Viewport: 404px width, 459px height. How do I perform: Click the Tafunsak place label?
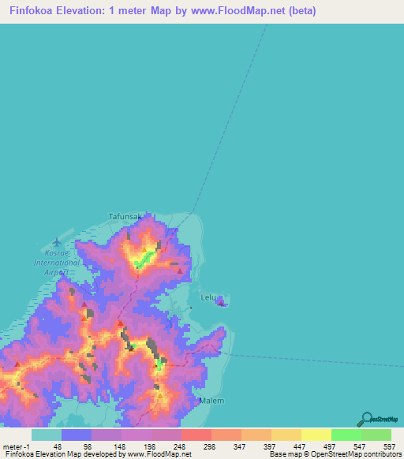tap(125, 215)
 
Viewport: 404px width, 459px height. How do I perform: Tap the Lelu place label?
tap(208, 297)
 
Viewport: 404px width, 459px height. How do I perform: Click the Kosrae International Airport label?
tap(56, 262)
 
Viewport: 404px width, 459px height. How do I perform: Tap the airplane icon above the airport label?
tap(55, 243)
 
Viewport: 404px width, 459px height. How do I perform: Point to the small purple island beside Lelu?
tap(223, 300)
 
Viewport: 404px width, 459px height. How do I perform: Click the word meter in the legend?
tap(13, 446)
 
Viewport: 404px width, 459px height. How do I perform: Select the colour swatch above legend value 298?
tap(196, 435)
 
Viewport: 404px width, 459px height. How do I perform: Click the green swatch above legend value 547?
tap(346, 435)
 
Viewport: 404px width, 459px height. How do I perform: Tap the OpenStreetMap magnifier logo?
tap(366, 418)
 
